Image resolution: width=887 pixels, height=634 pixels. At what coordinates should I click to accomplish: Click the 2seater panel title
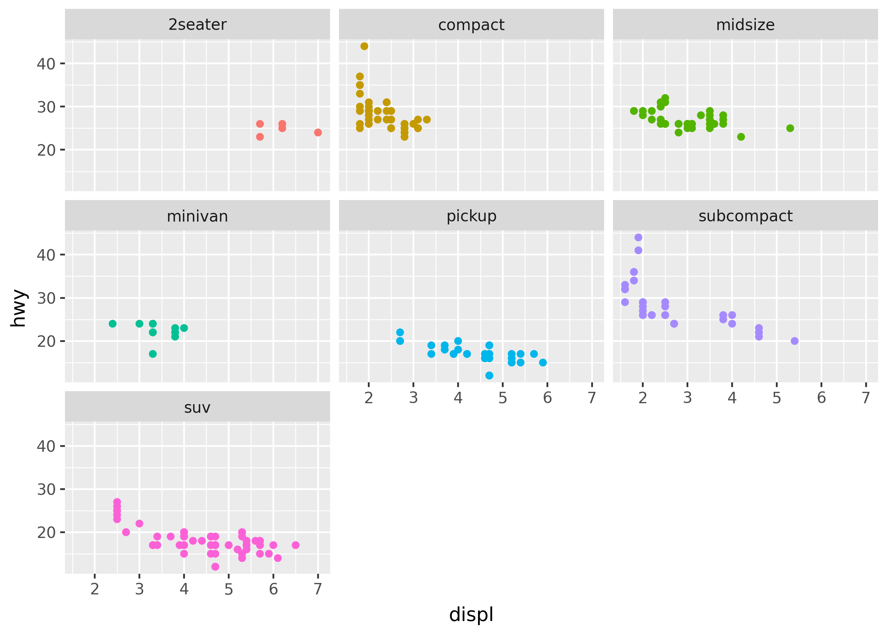[197, 25]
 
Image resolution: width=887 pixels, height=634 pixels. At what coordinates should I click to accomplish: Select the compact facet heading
[471, 25]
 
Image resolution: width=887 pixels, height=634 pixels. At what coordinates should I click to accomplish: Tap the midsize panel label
[745, 25]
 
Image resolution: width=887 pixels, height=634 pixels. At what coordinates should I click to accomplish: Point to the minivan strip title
[197, 216]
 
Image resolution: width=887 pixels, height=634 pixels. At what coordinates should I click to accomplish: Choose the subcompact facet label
[745, 216]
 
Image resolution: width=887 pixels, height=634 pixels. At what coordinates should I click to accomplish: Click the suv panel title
[197, 407]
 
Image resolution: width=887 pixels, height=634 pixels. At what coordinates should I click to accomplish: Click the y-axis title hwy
[19, 308]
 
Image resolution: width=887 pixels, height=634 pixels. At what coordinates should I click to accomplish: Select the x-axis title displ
[471, 614]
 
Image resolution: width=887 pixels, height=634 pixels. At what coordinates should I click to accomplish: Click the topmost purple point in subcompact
[638, 237]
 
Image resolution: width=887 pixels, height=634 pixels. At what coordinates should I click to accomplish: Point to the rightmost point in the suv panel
[296, 545]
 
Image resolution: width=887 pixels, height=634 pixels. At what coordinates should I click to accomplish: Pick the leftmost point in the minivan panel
[113, 324]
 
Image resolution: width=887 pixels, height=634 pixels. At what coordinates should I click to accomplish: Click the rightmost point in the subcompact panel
[794, 341]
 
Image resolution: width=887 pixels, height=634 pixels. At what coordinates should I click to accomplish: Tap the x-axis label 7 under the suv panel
[318, 589]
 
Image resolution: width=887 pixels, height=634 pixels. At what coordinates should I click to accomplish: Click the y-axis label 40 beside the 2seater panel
[46, 64]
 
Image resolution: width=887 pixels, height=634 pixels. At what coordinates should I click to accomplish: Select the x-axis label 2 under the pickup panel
[369, 398]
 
